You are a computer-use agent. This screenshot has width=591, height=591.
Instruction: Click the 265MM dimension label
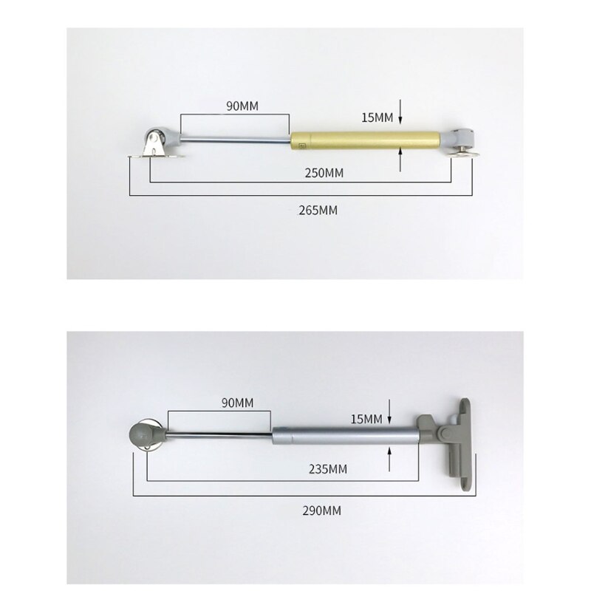318,211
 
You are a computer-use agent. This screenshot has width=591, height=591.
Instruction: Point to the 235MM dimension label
328,469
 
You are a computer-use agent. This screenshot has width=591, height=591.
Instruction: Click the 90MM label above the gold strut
242,106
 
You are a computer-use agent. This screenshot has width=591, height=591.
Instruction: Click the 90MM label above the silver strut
237,403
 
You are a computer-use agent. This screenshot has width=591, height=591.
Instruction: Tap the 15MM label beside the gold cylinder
378,117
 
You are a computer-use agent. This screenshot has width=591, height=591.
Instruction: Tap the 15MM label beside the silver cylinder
366,419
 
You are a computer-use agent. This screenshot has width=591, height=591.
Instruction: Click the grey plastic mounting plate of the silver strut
457,444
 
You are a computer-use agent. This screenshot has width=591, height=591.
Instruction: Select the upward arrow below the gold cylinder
400,157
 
